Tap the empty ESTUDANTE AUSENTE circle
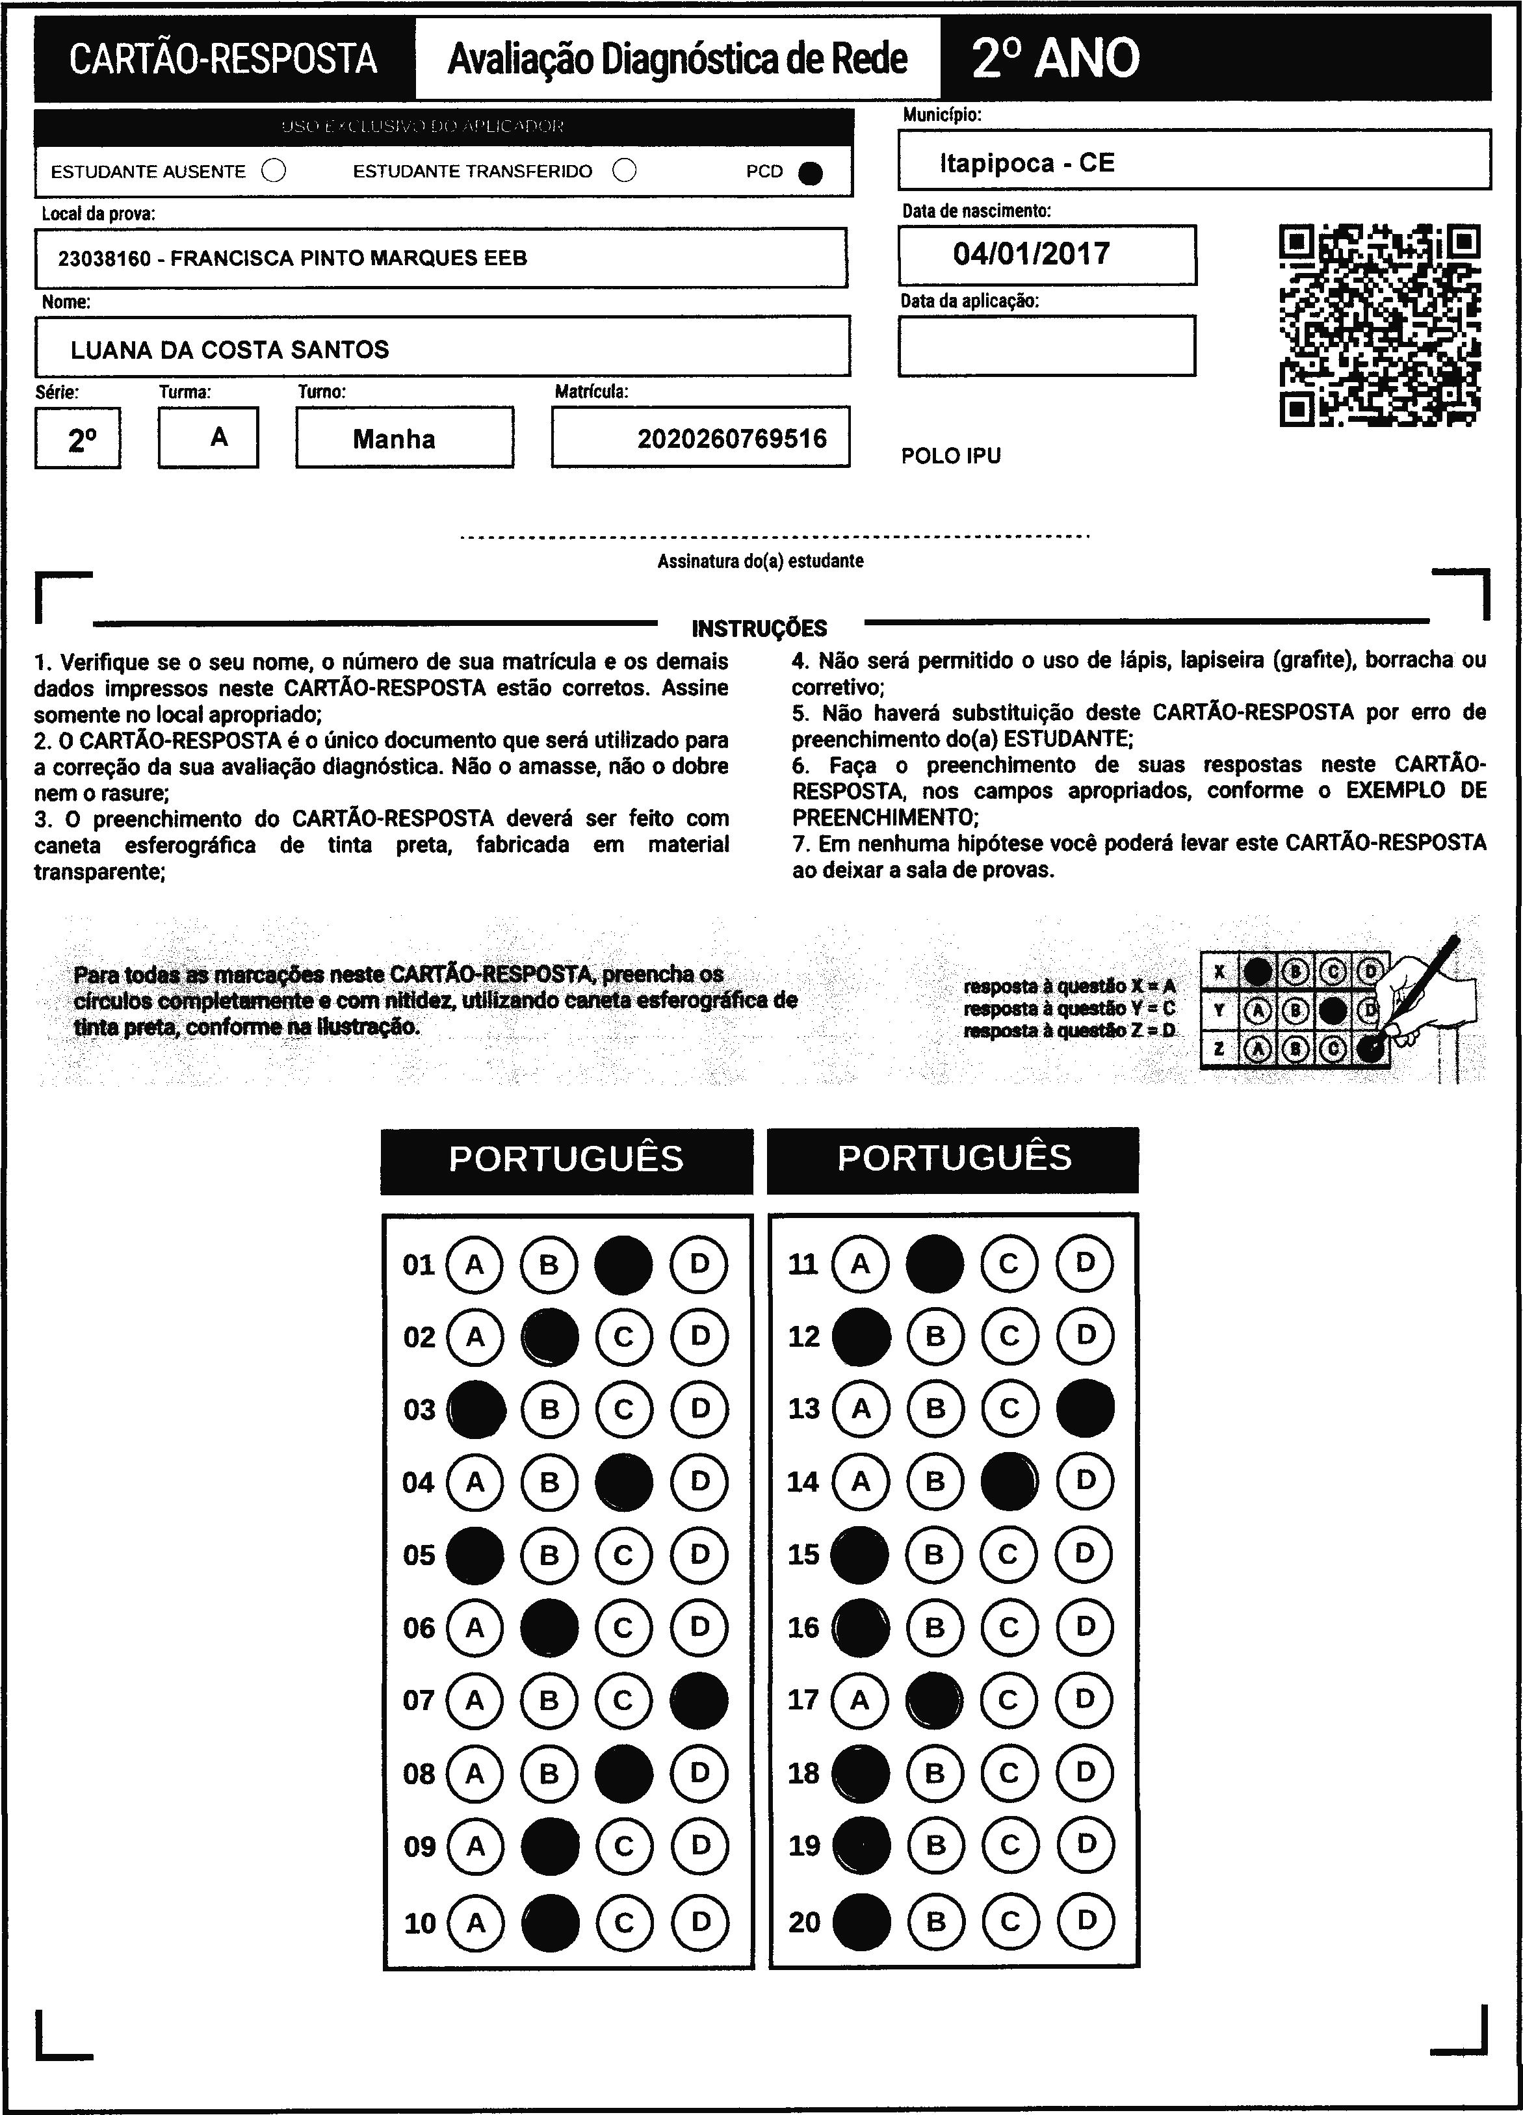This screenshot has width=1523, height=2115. click(x=274, y=171)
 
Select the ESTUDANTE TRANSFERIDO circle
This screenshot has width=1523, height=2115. click(x=625, y=171)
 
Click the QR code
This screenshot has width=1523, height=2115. click(x=1379, y=324)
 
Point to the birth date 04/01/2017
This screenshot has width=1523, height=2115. click(x=1032, y=253)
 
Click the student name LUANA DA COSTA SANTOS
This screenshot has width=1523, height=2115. click(x=229, y=350)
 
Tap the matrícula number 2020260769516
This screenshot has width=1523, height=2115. click(x=732, y=438)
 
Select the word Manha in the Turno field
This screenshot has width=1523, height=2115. click(x=393, y=439)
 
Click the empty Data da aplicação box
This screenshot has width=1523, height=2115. click(x=1047, y=346)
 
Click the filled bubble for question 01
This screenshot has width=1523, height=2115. click(x=623, y=1265)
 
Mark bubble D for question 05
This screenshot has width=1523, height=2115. click(x=699, y=1555)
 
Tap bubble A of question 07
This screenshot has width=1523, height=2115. click(x=475, y=1700)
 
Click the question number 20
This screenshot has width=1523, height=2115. click(x=804, y=1922)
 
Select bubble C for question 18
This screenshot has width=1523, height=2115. click(x=1009, y=1772)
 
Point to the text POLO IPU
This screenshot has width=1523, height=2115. click(x=950, y=456)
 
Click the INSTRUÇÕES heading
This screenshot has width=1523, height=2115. click(x=759, y=629)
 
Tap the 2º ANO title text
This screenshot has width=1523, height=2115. click(x=1055, y=58)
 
